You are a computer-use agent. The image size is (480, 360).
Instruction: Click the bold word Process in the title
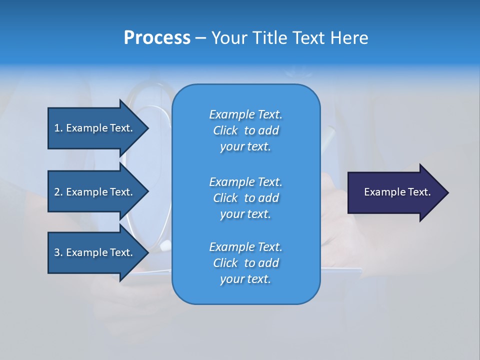coord(157,38)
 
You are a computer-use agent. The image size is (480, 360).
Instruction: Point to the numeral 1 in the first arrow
coord(57,128)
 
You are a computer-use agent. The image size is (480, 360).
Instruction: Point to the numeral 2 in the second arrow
coord(57,192)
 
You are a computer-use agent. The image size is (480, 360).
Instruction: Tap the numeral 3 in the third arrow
coord(57,252)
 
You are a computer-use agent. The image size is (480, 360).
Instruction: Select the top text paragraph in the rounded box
coord(245,130)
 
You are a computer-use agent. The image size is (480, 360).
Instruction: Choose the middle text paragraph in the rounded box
coord(245,198)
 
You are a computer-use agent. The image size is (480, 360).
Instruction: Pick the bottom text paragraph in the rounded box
coord(245,263)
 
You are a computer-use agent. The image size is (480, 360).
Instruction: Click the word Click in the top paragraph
coord(225,130)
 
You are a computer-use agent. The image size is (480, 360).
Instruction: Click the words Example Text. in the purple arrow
coord(397,192)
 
